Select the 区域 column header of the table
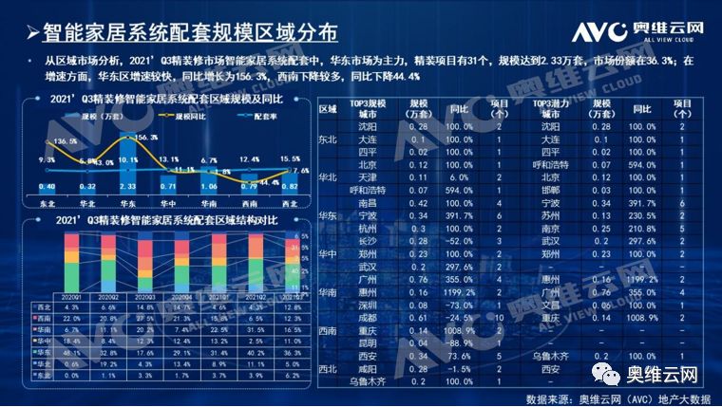tap(328, 109)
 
